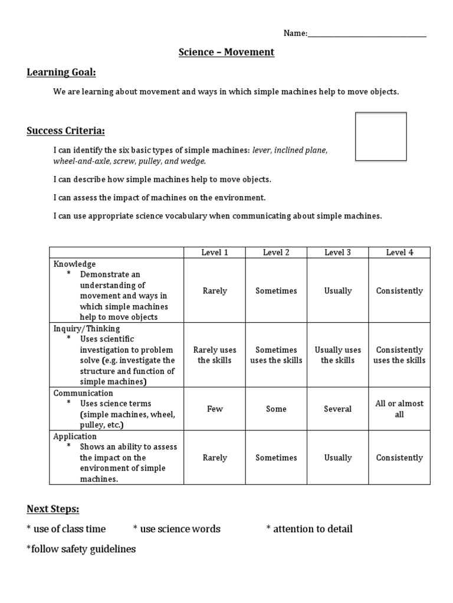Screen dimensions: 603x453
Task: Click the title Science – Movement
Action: point(226,52)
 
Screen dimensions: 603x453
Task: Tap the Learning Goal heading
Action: point(61,72)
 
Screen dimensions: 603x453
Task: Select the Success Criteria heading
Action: point(65,130)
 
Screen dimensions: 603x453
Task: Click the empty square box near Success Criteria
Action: point(380,137)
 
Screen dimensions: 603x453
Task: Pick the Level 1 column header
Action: point(215,253)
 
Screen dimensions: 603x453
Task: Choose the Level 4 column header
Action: point(399,253)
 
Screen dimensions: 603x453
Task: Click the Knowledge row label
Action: point(74,264)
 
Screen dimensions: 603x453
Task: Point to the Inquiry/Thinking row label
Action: point(87,329)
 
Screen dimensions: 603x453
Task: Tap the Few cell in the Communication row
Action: point(215,409)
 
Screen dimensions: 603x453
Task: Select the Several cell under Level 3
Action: point(337,409)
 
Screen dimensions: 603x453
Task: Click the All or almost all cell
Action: point(399,409)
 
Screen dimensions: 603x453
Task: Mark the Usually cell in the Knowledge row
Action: point(337,291)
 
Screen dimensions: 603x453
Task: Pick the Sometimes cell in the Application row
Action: point(276,458)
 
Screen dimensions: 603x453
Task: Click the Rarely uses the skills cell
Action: point(215,355)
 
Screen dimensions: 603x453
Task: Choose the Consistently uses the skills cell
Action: point(399,355)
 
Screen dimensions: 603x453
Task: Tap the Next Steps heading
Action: point(52,509)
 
